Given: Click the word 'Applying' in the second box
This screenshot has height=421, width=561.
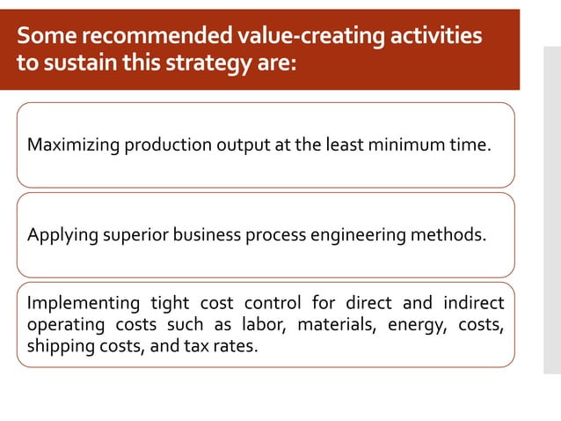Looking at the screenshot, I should (58, 235).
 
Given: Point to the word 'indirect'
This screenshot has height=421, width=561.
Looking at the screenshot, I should (472, 304).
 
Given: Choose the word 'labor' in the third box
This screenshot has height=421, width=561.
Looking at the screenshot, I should (265, 325).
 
